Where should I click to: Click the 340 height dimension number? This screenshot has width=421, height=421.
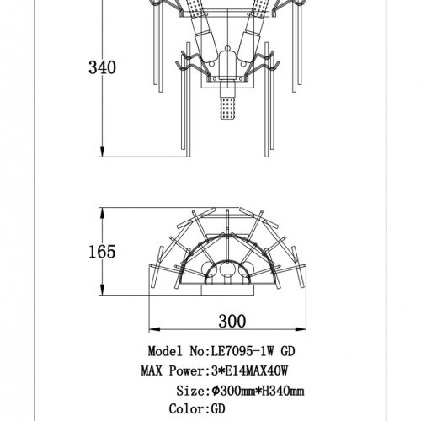(x=102, y=67)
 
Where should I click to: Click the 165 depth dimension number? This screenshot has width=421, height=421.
(x=102, y=252)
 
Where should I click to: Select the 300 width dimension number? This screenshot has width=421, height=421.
(x=232, y=321)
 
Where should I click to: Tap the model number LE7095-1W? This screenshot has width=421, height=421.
(x=242, y=351)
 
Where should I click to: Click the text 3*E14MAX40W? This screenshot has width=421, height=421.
(x=249, y=371)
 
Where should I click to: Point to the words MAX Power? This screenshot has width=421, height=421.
(x=173, y=371)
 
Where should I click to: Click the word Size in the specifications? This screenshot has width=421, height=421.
(x=190, y=391)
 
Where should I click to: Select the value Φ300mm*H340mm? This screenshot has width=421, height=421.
(x=258, y=391)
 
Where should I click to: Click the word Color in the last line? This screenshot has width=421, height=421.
(x=187, y=409)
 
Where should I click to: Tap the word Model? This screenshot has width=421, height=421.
(x=165, y=351)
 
